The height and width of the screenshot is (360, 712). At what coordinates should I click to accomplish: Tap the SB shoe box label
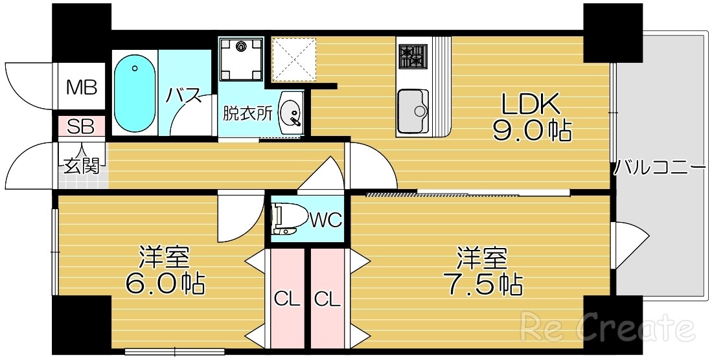coord(82,126)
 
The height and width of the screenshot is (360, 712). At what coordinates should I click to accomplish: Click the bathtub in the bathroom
coord(135,93)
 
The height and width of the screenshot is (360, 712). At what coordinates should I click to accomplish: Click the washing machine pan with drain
coord(242,58)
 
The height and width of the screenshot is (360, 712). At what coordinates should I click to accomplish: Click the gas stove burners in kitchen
coord(411,56)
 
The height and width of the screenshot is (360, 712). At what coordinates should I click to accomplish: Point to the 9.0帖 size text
coord(531,131)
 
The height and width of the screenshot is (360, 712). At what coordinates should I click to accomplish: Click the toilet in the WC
coord(286,218)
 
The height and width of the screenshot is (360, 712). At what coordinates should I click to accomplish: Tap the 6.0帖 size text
coord(165,283)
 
